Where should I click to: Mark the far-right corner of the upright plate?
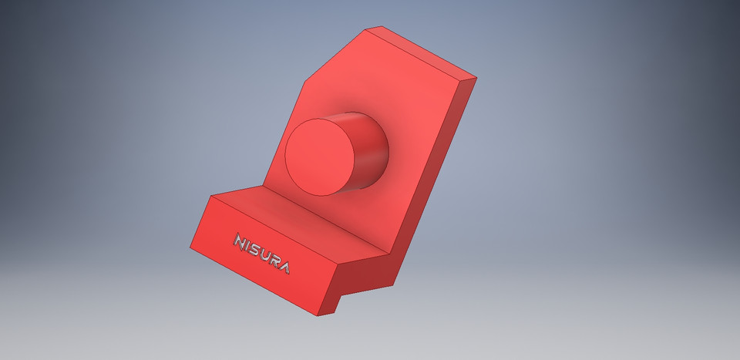(476, 78)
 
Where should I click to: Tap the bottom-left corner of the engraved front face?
(190, 247)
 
